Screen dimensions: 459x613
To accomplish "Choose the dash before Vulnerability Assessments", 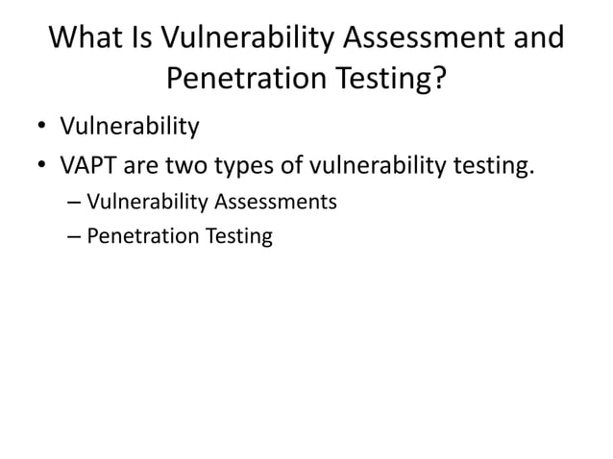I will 76,203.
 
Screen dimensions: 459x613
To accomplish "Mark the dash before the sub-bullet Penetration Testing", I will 76,235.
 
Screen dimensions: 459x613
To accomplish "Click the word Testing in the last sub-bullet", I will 236,236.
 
